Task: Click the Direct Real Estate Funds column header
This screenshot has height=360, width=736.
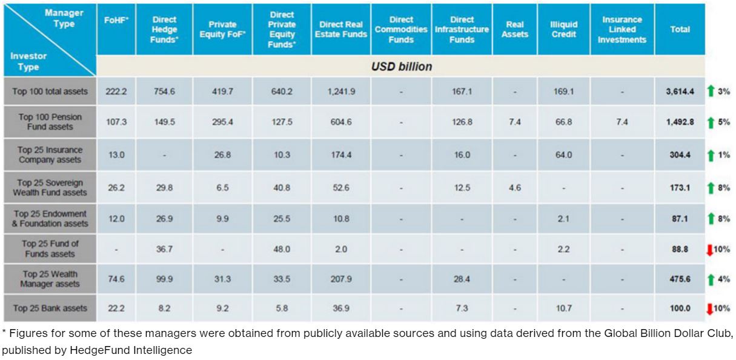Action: point(340,29)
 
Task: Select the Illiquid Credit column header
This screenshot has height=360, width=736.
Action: point(563,29)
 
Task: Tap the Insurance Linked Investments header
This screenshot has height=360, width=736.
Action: point(622,29)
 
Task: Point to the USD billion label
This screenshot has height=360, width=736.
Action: point(402,67)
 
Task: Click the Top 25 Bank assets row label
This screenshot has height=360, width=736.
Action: point(50,308)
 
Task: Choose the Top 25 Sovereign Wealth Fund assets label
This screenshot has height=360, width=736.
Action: point(50,187)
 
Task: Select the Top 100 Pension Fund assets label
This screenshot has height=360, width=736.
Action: point(50,122)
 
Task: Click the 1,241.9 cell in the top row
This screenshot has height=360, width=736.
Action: point(341,92)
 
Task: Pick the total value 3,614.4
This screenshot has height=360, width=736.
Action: point(680,92)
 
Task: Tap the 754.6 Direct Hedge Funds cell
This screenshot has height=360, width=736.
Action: point(164,92)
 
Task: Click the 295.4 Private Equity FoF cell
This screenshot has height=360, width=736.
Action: point(222,122)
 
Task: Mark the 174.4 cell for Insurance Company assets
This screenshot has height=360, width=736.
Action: point(341,155)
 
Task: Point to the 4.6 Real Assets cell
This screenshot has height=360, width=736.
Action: point(514,188)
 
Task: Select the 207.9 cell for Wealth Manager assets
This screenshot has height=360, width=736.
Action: point(341,279)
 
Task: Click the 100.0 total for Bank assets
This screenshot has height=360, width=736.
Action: point(680,308)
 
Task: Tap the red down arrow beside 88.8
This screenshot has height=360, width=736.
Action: point(710,250)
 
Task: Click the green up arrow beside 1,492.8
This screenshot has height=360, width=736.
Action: point(711,122)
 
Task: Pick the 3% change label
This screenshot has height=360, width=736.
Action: point(724,91)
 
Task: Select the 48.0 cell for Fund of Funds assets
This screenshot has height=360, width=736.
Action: point(282,249)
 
